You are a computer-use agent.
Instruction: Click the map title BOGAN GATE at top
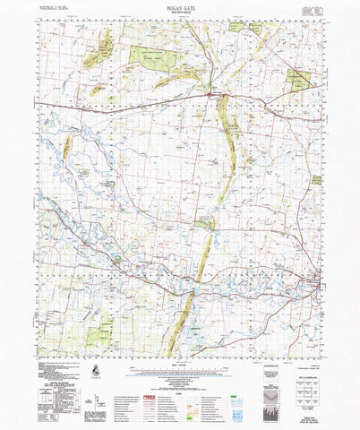coord(180,5)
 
